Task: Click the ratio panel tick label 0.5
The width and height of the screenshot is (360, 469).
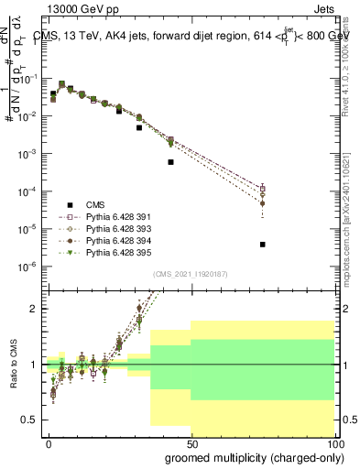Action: click(x=30, y=420)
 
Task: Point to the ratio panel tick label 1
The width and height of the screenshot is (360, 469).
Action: click(x=34, y=365)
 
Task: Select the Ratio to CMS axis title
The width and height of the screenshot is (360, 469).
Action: click(x=15, y=365)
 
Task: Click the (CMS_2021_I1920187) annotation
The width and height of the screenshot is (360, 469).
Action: click(x=190, y=274)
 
